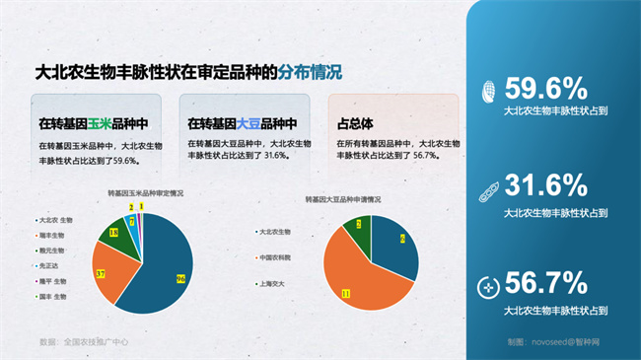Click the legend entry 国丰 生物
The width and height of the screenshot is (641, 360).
click(51, 295)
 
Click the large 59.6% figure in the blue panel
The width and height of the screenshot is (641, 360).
click(545, 88)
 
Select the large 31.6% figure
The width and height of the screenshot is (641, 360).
click(545, 184)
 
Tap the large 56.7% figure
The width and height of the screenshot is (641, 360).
click(545, 284)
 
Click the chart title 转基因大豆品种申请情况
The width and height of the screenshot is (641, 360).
click(342, 199)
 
